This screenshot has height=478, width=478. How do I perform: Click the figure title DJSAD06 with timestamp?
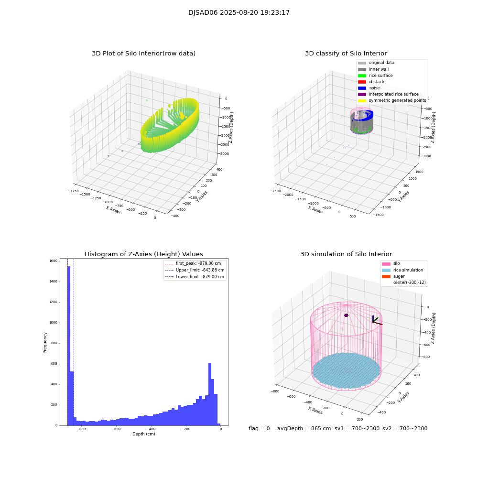[x=239, y=13]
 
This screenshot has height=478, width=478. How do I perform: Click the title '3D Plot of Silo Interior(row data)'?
[x=143, y=54]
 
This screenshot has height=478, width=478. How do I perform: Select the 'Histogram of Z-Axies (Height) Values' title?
[x=143, y=254]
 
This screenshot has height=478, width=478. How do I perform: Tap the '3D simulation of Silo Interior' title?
[x=346, y=254]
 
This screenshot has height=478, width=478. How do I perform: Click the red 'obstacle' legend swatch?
[x=362, y=82]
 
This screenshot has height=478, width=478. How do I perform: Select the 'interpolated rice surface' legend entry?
[x=393, y=94]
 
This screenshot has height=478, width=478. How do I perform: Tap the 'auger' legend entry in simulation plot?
[x=399, y=276]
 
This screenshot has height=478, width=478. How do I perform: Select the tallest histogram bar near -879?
[x=69, y=344]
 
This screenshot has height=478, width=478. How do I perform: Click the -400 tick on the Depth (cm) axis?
[x=151, y=429]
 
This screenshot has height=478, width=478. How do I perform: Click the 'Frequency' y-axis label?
[x=45, y=342]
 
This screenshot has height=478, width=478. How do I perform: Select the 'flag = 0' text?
[x=259, y=428]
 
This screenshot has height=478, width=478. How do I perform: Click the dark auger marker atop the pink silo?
[x=346, y=315]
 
